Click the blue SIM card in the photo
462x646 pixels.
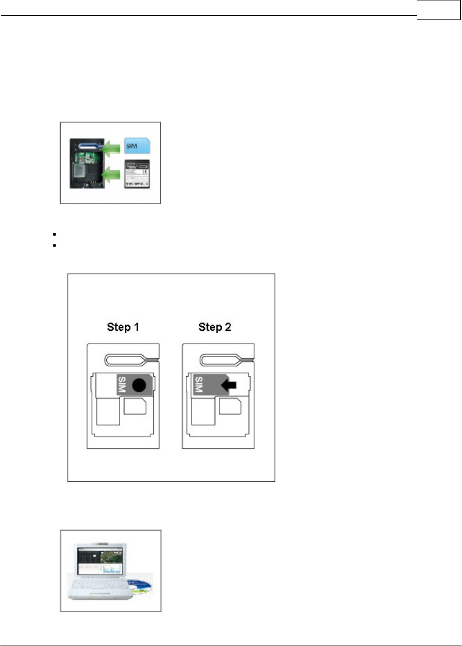(x=137, y=146)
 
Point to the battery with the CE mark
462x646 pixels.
(x=137, y=174)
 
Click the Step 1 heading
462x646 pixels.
(x=123, y=327)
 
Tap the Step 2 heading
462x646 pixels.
(x=214, y=327)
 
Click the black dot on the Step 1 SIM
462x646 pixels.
(x=139, y=385)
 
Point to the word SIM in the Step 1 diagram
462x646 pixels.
(x=122, y=385)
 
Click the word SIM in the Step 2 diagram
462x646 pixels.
(x=199, y=385)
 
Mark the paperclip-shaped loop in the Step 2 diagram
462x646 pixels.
(x=220, y=360)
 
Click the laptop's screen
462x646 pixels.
(x=100, y=561)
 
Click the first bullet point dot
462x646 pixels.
(x=55, y=234)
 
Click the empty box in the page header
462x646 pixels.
(x=438, y=10)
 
